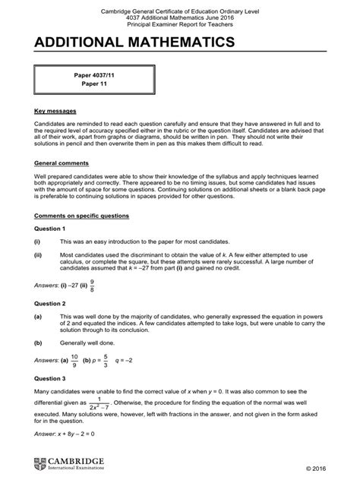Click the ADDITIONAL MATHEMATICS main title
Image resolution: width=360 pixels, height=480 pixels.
125,43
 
